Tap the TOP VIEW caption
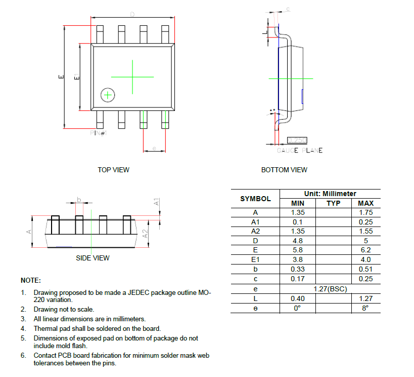coord(113,170)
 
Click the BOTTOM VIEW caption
coord(284,170)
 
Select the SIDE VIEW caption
coord(93,258)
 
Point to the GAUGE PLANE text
coord(299,150)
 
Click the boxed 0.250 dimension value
coord(297,140)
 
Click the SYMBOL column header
coord(255,199)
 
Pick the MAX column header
coord(365,203)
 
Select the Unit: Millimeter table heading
coord(330,194)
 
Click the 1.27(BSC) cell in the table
coord(330,289)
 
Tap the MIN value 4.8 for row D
coord(298,241)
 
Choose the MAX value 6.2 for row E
coord(365,250)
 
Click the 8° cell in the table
coord(365,308)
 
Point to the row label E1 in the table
coord(255,259)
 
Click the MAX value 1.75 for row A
coord(365,213)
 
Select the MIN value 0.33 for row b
coord(298,269)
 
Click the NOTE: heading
coord(31,280)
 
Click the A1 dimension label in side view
coord(157,201)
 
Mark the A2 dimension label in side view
coord(145,234)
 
